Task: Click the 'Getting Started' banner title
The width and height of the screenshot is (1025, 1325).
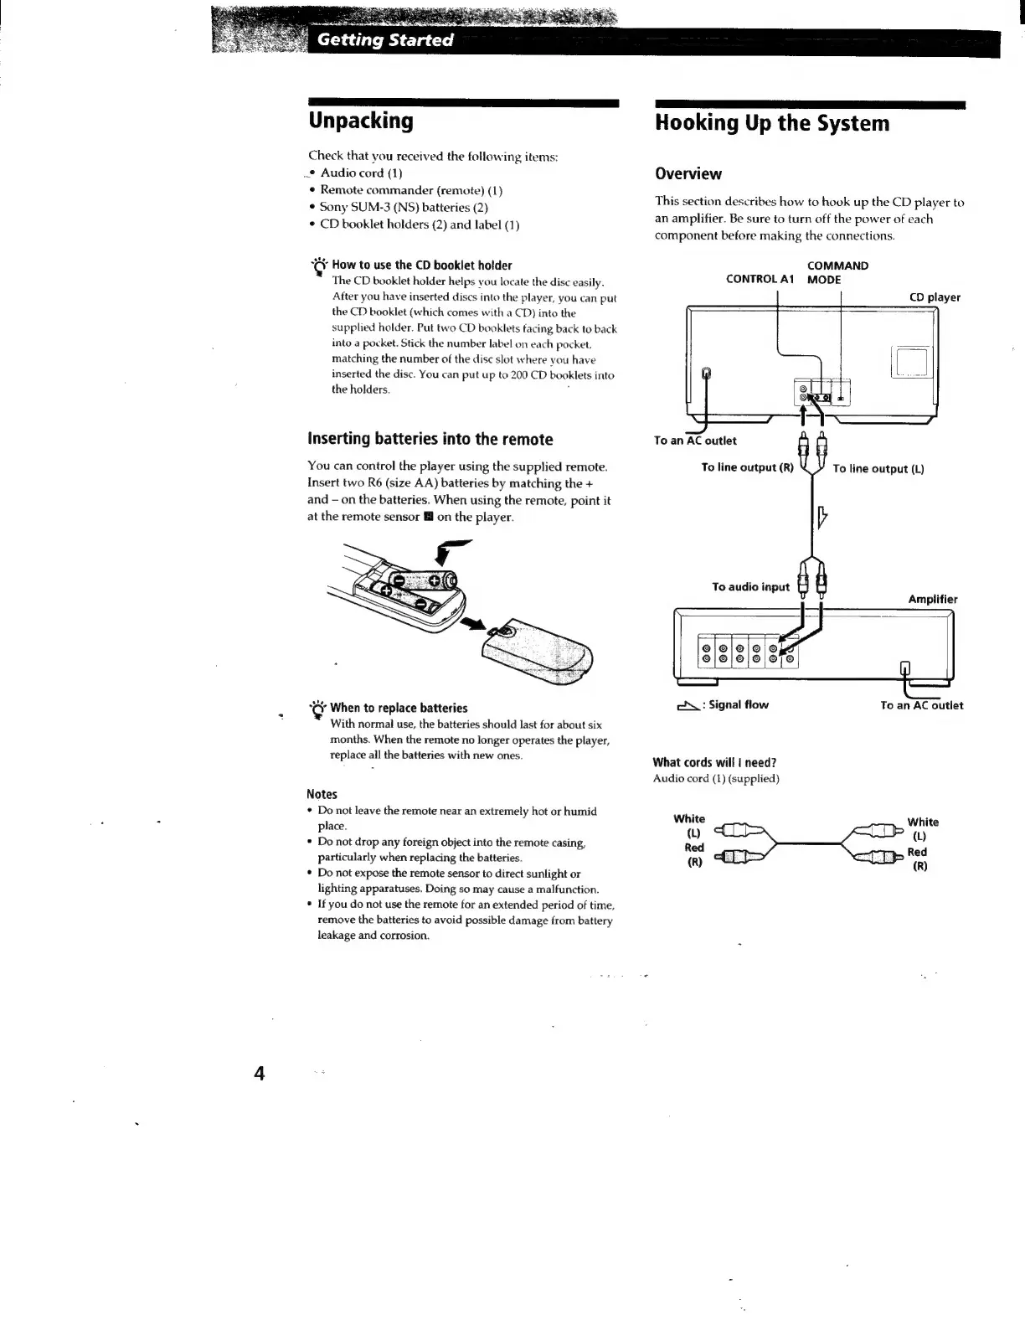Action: coord(385,40)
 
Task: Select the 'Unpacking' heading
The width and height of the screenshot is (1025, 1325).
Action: coord(361,121)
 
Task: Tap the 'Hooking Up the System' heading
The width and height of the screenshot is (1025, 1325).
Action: coord(772,123)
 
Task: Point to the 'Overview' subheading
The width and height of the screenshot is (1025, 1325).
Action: coord(688,173)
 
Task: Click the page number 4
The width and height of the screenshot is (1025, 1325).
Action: coord(260,1073)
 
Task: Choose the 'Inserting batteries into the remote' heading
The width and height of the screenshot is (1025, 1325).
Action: coord(430,439)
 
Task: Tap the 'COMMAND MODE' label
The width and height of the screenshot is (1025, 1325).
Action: coord(837,272)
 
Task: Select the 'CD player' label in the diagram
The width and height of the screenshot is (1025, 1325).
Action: coord(935,297)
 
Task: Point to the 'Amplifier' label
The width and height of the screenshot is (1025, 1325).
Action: coord(932,599)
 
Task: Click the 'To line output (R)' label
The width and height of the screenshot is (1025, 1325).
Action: coord(747,467)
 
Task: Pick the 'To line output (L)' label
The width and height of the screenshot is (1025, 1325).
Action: coord(878,469)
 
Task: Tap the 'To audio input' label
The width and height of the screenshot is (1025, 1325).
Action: coord(750,586)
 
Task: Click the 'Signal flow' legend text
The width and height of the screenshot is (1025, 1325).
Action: coord(738,704)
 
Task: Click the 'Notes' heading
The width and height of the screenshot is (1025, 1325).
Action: coord(322,794)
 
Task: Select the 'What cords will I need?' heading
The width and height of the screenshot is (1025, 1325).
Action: coord(714,762)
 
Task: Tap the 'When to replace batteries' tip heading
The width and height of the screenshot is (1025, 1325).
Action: coord(398,708)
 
